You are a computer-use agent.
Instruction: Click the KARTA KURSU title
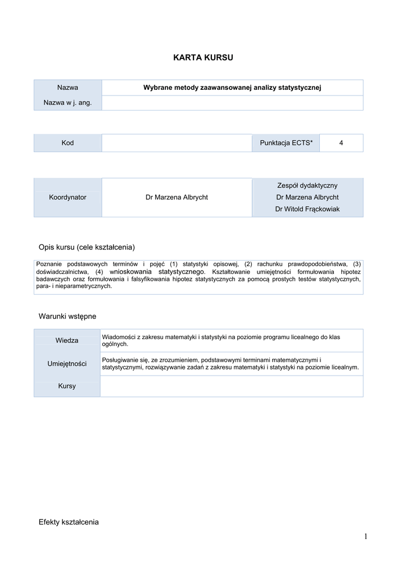click(202, 57)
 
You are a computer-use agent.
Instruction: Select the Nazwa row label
click(67, 88)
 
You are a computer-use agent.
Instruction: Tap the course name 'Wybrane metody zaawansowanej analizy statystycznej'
click(232, 88)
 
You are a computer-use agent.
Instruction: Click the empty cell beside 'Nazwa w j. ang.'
click(232, 103)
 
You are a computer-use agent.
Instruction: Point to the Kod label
click(67, 143)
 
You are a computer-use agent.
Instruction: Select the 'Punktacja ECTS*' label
click(286, 143)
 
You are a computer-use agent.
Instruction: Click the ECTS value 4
click(341, 143)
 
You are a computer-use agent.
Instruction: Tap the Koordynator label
click(67, 198)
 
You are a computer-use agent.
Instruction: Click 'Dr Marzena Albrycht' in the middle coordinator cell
click(177, 198)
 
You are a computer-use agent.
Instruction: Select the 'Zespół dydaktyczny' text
click(307, 185)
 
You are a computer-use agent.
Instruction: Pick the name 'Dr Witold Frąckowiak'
click(307, 209)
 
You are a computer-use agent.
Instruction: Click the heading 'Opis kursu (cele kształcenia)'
click(87, 247)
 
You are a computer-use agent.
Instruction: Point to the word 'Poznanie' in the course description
click(49, 264)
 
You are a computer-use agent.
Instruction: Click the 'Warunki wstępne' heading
click(67, 317)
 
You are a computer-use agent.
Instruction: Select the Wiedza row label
click(67, 340)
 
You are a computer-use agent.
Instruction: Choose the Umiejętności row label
click(67, 364)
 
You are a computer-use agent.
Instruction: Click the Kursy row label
click(67, 386)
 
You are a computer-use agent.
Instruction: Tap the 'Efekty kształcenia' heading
click(69, 522)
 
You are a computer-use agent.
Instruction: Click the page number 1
click(365, 537)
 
